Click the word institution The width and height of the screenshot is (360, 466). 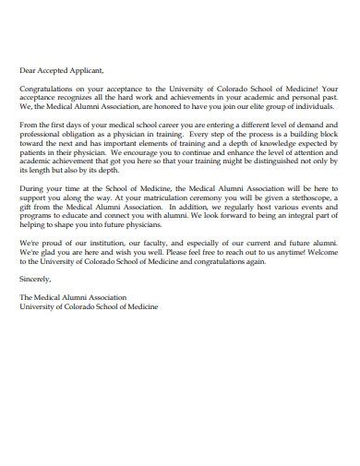point(106,242)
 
